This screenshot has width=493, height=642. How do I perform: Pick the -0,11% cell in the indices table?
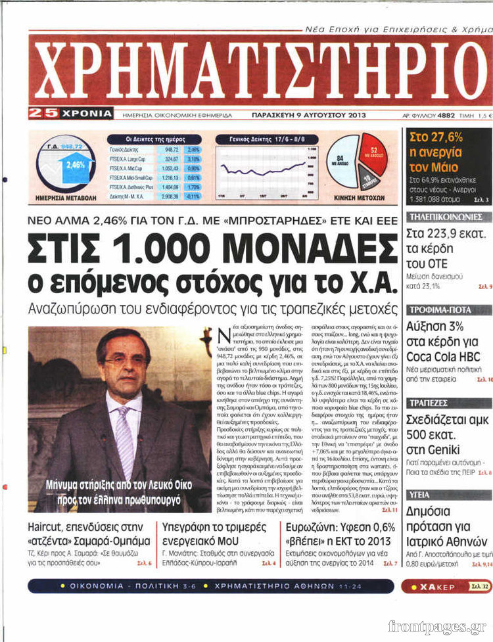click(x=193, y=196)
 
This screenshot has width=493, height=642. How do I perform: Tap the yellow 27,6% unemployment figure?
click(x=436, y=137)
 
